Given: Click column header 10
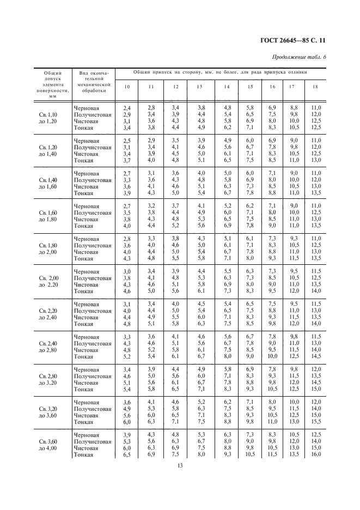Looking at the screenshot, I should pos(127,87).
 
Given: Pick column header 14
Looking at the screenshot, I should pos(227,87).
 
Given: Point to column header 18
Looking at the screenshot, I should pos(315,87).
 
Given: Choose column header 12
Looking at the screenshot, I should pos(175,87).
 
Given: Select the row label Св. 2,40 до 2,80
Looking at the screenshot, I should pos(51,347).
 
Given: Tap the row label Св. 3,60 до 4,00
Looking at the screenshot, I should pos(51,445).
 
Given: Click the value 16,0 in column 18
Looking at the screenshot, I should pos(315,454).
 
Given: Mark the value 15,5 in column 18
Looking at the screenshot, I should pos(315,422).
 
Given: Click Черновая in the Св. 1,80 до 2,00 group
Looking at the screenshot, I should pos(87,239).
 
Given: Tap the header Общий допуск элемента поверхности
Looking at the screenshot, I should pos(53,84).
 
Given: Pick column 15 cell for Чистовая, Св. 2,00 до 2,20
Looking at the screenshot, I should pos(249,284).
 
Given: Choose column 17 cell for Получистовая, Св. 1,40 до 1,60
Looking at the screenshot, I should pos(294,180).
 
